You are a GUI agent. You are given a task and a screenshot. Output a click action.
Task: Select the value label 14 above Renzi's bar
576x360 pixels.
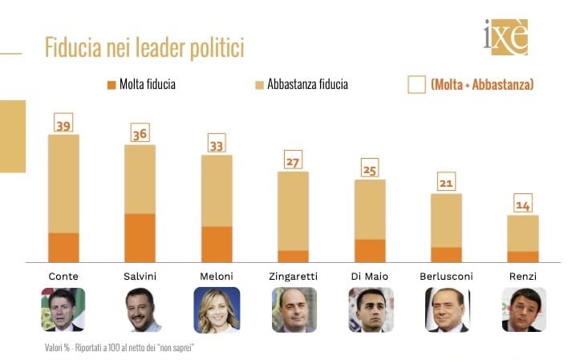tap(523, 204)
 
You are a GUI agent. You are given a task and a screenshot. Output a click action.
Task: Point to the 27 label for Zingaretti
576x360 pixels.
tap(293, 161)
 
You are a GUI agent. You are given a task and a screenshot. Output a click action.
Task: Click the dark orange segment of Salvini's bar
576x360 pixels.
tap(140, 237)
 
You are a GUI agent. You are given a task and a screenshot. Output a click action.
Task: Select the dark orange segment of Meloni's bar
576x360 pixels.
tap(217, 244)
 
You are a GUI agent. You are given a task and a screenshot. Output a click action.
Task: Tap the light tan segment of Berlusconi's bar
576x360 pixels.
tap(446, 220)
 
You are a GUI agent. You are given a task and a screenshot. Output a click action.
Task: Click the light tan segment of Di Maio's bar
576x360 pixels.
tap(370, 209)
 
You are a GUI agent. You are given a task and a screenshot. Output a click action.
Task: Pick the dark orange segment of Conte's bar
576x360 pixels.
tap(63, 247)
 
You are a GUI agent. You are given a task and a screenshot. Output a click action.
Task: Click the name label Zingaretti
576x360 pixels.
tap(294, 276)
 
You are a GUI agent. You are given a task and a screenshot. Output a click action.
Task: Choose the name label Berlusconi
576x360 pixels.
tap(446, 276)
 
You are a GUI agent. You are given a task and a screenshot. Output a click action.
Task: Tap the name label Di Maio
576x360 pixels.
tap(370, 276)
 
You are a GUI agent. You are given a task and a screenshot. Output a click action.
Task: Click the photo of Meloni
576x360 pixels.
tap(217, 309)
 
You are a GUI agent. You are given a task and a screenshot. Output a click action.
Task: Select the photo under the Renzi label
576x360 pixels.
tap(523, 309)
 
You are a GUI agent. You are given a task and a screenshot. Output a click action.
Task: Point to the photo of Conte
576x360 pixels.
tap(63, 309)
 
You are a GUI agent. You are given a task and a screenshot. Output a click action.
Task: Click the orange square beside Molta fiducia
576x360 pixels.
tap(111, 84)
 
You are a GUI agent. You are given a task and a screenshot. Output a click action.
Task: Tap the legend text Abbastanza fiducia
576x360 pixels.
tap(307, 84)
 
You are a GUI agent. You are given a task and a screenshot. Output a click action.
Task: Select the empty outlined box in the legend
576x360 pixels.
tap(416, 84)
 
